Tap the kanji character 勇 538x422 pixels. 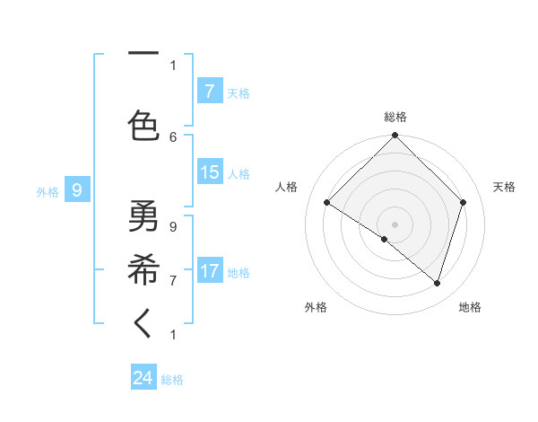(143, 215)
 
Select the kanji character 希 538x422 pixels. (143, 268)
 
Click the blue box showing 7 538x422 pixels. (209, 92)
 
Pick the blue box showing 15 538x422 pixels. (209, 173)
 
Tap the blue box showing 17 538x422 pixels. (209, 272)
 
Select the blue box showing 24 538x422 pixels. (143, 378)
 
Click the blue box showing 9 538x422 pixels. (77, 190)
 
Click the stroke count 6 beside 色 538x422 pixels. (173, 136)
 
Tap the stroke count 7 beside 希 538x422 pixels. (173, 280)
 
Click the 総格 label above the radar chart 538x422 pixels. (395, 117)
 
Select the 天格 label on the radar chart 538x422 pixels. (504, 187)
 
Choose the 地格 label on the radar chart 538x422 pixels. (470, 307)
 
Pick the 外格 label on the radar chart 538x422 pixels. (316, 307)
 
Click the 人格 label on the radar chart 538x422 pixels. (286, 187)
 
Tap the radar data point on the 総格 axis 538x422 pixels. (395, 136)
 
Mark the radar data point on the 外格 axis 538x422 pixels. (385, 239)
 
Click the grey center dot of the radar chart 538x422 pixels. (395, 224)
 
